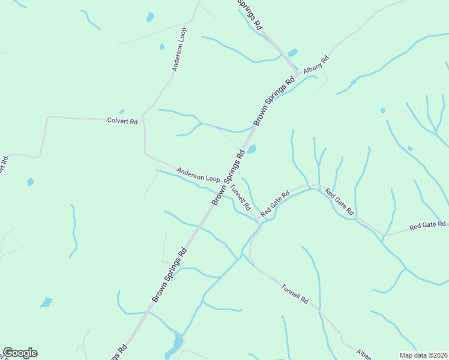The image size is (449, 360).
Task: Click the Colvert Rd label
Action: (122, 121)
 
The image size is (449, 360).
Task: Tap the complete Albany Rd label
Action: (316, 64)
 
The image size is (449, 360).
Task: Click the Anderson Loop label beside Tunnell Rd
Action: (198, 175)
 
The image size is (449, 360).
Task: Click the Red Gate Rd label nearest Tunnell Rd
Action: (275, 203)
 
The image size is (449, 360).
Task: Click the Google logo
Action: (20, 353)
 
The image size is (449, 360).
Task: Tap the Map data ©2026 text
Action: (423, 355)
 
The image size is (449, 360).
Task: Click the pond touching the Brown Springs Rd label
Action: (252, 149)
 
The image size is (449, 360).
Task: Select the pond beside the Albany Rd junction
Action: (292, 52)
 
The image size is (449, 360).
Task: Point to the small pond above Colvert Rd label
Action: (122, 111)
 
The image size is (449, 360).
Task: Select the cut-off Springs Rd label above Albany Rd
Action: (251, 14)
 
